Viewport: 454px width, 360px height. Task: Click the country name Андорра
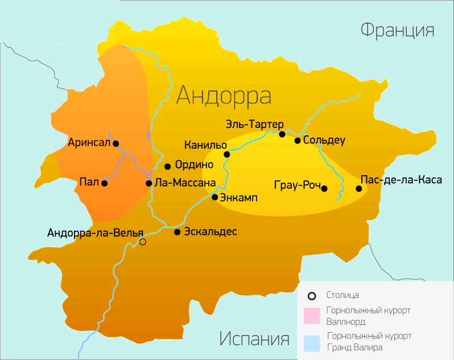coord(223,95)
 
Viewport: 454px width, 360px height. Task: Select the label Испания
coord(254,340)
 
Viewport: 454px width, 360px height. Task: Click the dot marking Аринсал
coord(116,143)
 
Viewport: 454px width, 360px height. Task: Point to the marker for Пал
coord(104,183)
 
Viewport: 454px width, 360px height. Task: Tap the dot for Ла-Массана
coord(148,183)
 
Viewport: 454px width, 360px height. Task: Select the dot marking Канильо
coord(226,154)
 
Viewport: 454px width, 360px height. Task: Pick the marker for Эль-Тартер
coord(282,134)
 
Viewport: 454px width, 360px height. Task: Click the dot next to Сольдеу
coord(298,140)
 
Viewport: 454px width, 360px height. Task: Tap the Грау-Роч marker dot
coord(324,188)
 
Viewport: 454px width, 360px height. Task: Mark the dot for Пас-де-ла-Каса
coord(359,188)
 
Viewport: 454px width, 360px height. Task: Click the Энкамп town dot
coord(215,197)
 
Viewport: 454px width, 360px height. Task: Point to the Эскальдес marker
coord(178,232)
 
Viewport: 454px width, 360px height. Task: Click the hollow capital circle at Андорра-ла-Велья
coord(143,242)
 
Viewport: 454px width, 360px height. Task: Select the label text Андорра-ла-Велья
coord(96,233)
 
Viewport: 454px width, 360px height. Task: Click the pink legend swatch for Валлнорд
coord(312,315)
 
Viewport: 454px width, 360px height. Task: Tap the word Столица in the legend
coord(342,295)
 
